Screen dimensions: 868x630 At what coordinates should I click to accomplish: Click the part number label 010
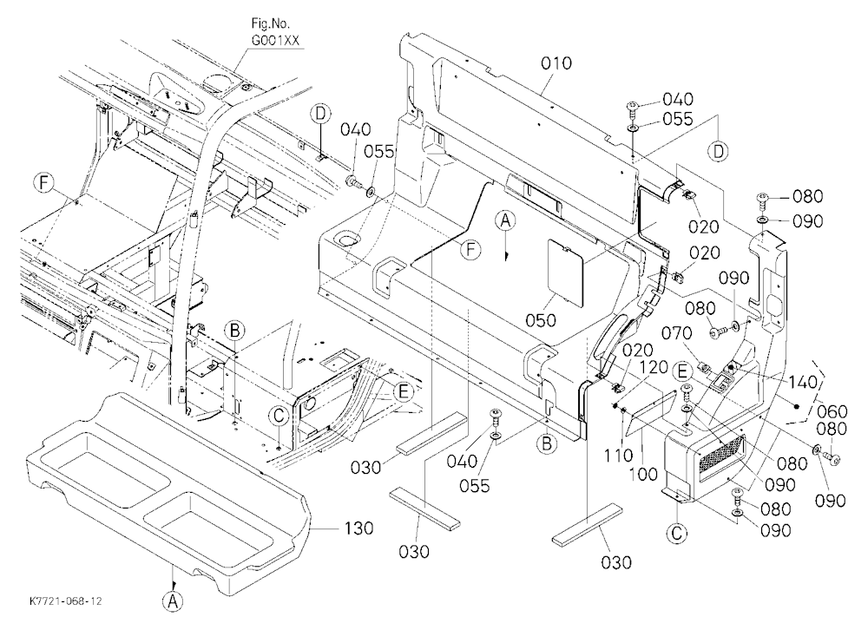tap(556, 63)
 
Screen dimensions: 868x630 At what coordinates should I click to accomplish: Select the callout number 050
tap(541, 319)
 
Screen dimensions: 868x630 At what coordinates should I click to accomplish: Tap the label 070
tap(676, 333)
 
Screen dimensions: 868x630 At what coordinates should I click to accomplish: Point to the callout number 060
tap(832, 411)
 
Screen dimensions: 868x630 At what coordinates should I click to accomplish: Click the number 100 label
tap(642, 474)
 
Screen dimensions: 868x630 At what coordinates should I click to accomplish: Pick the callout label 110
tap(618, 455)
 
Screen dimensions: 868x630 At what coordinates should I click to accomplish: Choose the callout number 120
tap(654, 368)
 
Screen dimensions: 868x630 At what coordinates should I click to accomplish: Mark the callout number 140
tap(802, 382)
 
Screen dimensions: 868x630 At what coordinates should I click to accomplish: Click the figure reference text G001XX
tap(271, 41)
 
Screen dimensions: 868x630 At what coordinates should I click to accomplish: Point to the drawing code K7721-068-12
tap(66, 600)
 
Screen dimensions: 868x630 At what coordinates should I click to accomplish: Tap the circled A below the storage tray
tap(173, 600)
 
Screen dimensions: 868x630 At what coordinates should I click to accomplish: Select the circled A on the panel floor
tap(504, 220)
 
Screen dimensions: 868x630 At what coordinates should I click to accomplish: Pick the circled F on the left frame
tap(44, 183)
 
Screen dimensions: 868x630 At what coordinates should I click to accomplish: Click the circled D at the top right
tap(718, 152)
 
